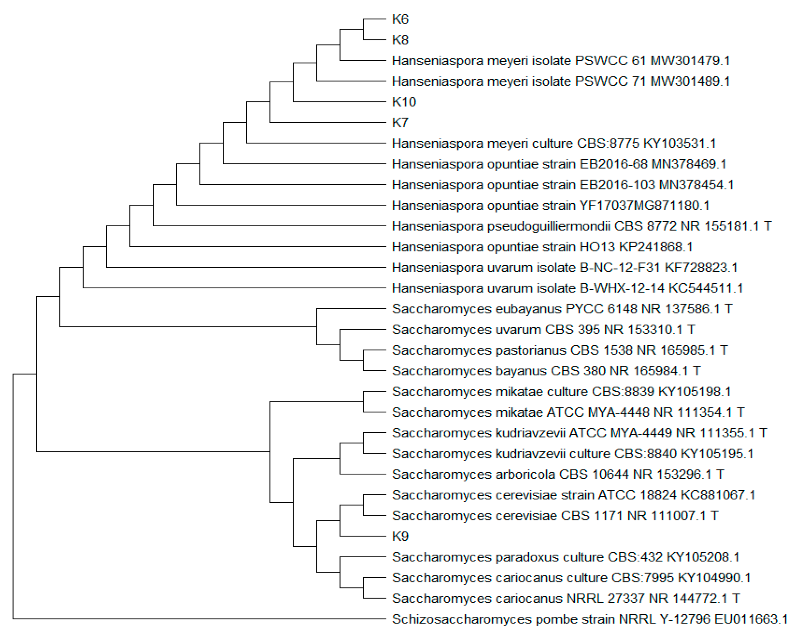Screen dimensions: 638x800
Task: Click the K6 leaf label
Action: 400,19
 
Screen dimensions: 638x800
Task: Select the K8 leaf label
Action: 400,40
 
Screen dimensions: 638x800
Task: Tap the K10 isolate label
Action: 404,102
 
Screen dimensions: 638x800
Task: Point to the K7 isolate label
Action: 400,123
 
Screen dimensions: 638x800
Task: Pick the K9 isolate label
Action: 400,536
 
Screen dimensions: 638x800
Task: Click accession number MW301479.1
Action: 690,61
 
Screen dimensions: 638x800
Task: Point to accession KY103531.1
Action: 679,143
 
